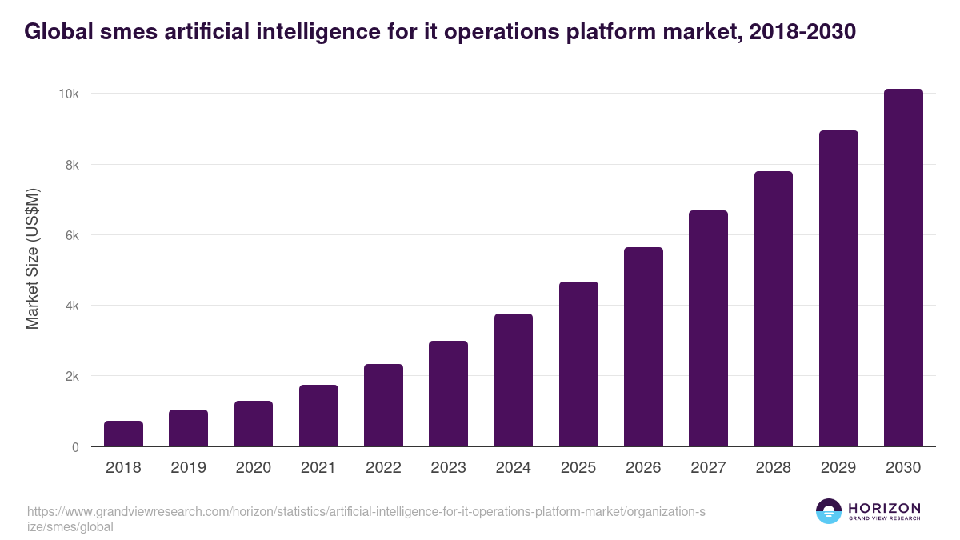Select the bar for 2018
tap(123, 434)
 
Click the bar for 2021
tap(318, 416)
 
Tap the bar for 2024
tap(514, 380)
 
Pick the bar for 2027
tap(709, 329)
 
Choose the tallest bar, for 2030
tap(903, 268)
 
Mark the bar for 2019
tap(188, 428)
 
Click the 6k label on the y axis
tap(71, 235)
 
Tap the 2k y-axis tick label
tap(71, 376)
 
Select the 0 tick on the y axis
tap(75, 447)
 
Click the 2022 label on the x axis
tap(383, 468)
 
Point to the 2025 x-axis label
tap(578, 468)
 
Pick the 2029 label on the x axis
tap(838, 468)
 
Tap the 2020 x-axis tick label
tap(253, 468)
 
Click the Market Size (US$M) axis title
tap(32, 258)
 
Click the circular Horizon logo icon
tap(829, 511)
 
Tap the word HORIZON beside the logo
tap(884, 508)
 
